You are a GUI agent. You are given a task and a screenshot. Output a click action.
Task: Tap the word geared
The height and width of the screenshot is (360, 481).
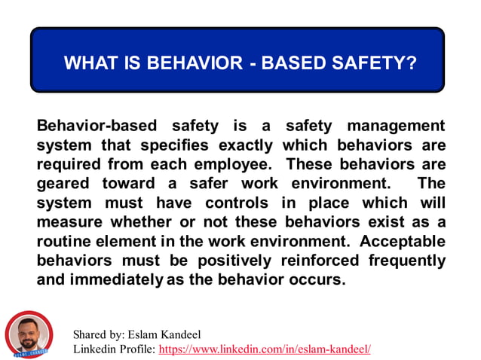[63, 184]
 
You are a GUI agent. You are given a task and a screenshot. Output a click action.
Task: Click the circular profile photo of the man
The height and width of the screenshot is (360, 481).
[29, 334]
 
